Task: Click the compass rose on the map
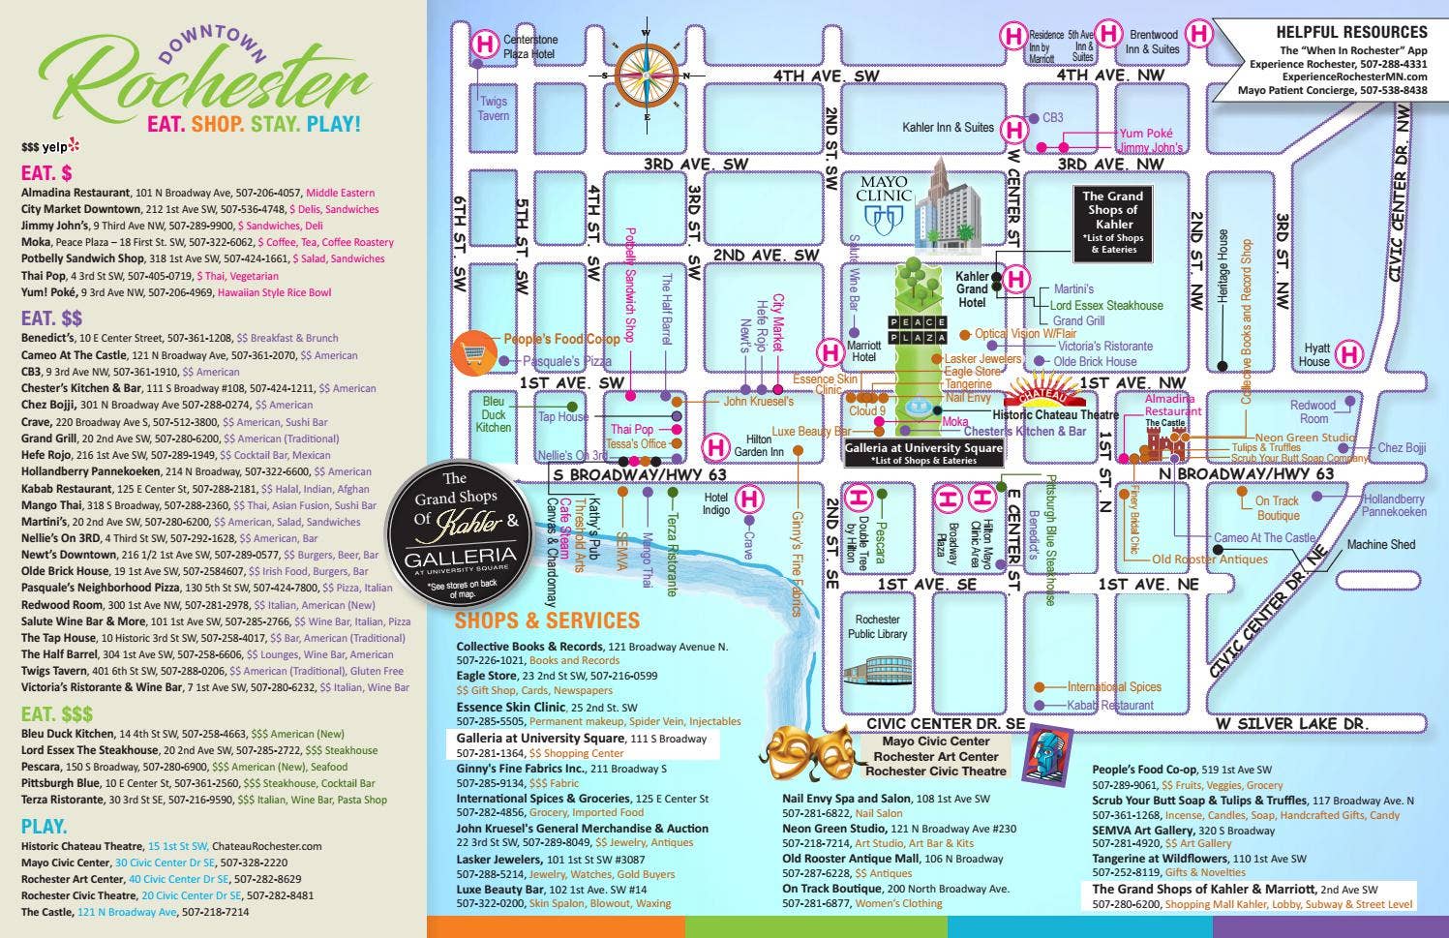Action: [x=647, y=75]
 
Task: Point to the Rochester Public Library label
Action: [x=878, y=626]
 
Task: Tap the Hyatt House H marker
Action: [x=1348, y=354]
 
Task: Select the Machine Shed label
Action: [x=1380, y=545]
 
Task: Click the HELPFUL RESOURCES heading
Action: [x=1351, y=32]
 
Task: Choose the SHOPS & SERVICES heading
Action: [x=547, y=620]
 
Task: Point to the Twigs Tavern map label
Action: [x=493, y=108]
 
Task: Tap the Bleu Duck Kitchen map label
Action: [x=493, y=413]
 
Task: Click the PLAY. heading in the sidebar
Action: [x=45, y=827]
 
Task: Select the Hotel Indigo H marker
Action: [x=748, y=499]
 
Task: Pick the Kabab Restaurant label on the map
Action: [x=1113, y=705]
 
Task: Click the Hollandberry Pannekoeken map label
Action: [x=1394, y=505]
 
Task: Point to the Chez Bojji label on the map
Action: [x=1402, y=447]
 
